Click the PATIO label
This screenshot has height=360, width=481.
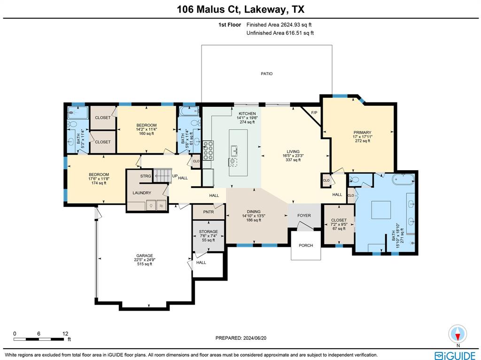click(266, 74)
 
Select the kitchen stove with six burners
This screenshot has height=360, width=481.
click(208, 150)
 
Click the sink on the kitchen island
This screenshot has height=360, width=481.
click(233, 150)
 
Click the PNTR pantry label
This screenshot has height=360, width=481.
click(209, 212)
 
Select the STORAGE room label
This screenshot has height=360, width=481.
click(208, 232)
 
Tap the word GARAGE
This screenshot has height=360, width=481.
click(145, 256)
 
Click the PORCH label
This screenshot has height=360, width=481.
click(306, 245)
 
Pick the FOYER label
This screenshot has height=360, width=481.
click(304, 216)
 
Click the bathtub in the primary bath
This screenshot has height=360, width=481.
click(403, 179)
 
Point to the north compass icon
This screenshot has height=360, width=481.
click(457, 334)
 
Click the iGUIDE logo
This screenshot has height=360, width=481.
click(455, 355)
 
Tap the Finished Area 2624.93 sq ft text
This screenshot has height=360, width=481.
click(280, 24)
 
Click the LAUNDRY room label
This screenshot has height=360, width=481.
click(141, 193)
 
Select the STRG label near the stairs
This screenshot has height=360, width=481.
click(146, 176)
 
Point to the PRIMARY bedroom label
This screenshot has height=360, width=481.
click(362, 133)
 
